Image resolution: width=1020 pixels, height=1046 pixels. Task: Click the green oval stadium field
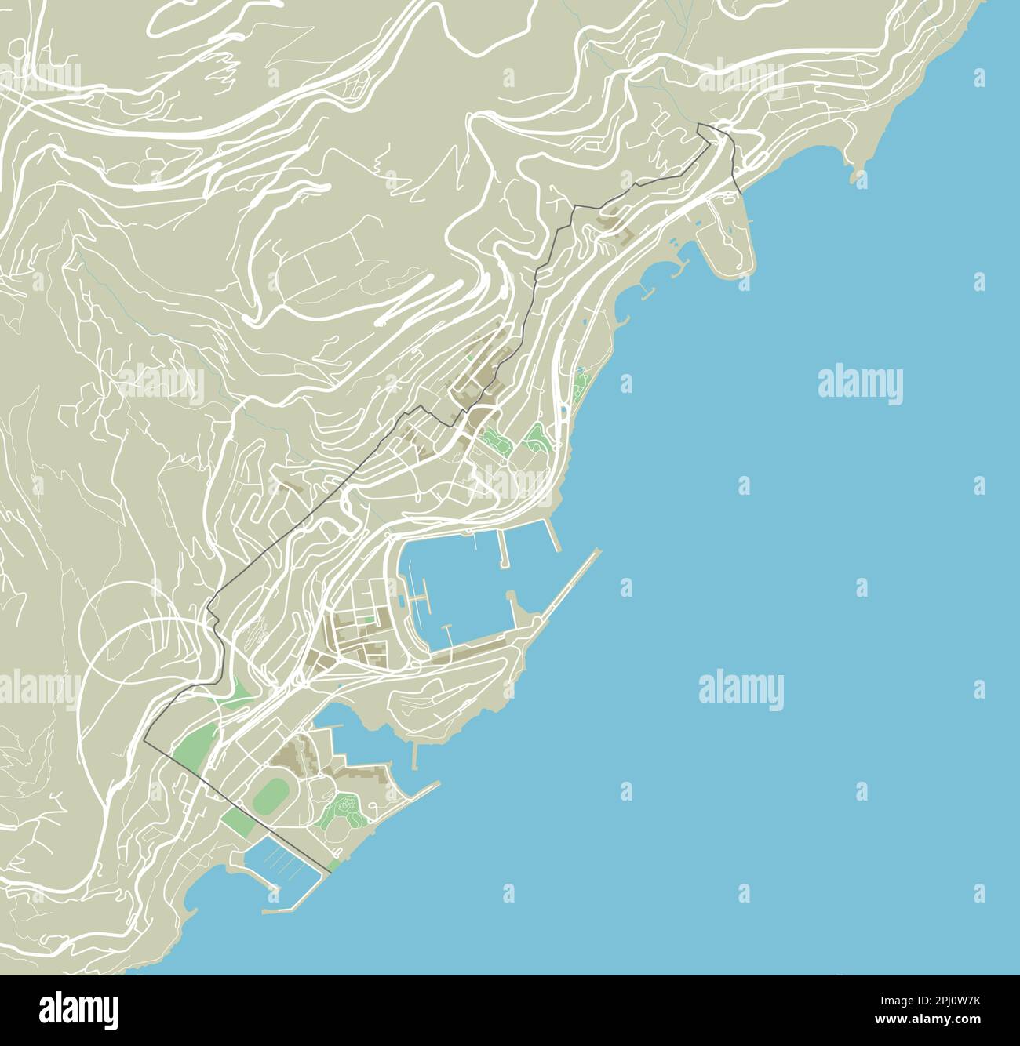[x=269, y=794]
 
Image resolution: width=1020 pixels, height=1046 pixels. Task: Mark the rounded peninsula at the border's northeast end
[x=730, y=235]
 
